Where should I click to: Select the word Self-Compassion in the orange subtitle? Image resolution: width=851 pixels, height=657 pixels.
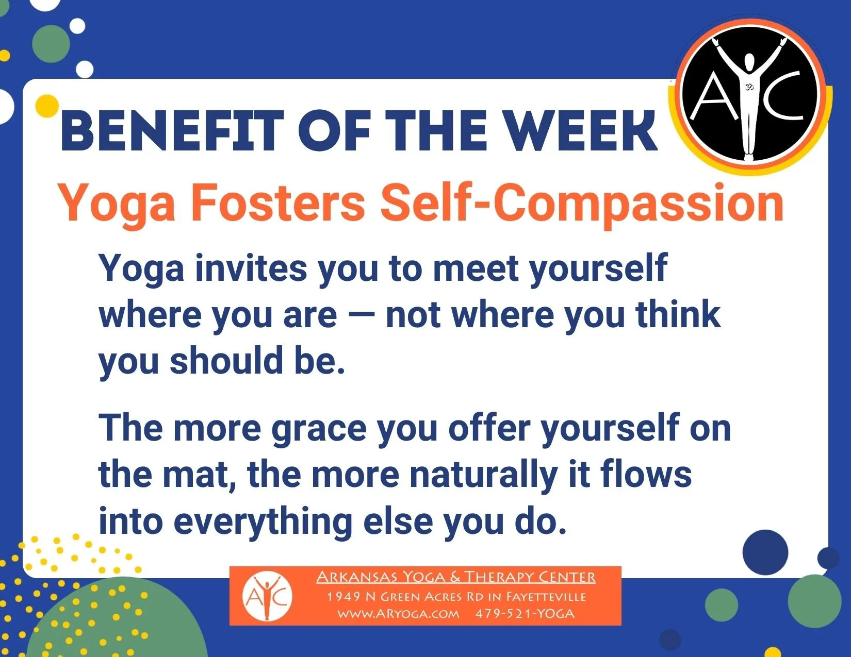pyautogui.click(x=582, y=203)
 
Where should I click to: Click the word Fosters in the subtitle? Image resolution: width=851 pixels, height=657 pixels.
pyautogui.click(x=278, y=203)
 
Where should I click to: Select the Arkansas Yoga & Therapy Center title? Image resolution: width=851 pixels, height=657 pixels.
pyautogui.click(x=456, y=577)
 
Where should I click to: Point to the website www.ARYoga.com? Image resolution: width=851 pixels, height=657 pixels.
pyautogui.click(x=398, y=614)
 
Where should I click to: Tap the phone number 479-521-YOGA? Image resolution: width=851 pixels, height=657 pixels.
pyautogui.click(x=525, y=614)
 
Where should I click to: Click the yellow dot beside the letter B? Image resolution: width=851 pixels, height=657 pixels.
pyautogui.click(x=47, y=106)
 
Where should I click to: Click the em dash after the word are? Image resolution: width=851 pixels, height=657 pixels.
pyautogui.click(x=361, y=315)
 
